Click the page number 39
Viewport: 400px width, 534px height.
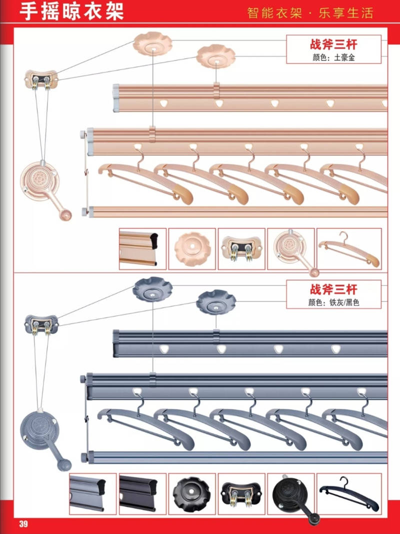[23, 524]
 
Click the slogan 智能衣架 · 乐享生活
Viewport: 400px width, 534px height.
[310, 13]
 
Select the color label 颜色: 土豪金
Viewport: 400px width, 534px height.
[333, 58]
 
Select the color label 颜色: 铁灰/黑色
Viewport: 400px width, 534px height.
[333, 303]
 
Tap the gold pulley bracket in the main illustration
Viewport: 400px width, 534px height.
[41, 79]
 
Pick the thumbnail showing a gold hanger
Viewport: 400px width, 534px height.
[349, 249]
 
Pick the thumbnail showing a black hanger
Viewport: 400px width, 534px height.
[349, 493]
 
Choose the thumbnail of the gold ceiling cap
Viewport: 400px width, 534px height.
[192, 249]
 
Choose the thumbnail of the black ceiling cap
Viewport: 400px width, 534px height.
[192, 493]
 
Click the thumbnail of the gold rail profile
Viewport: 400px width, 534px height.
[142, 249]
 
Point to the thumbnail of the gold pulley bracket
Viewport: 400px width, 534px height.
[241, 249]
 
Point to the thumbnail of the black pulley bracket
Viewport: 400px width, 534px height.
[241, 493]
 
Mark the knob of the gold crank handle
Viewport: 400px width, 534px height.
[65, 215]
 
